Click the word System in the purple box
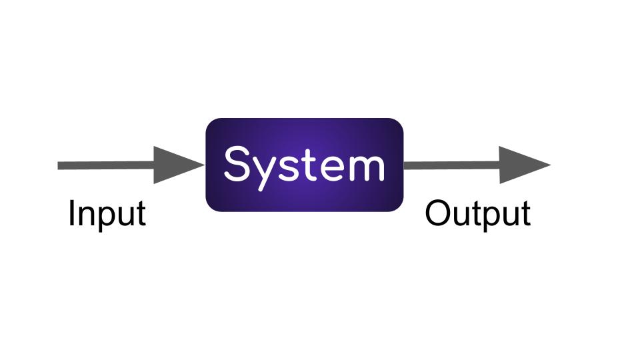(304, 164)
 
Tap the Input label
(107, 214)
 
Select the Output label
(477, 214)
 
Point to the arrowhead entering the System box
(177, 165)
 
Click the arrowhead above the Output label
(524, 165)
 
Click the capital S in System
(237, 163)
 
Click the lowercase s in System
(287, 168)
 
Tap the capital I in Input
(72, 213)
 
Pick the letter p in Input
(102, 217)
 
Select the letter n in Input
(85, 216)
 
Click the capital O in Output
(437, 213)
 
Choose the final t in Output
(525, 215)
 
